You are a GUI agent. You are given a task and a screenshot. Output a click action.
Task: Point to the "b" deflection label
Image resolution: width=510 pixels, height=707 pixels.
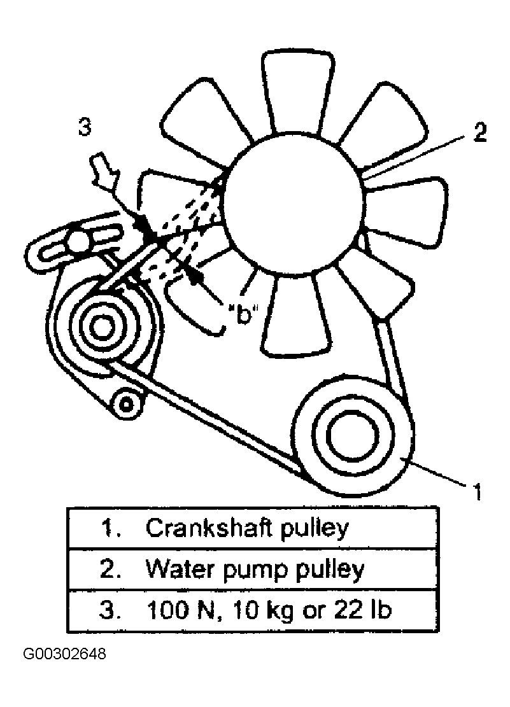click(241, 313)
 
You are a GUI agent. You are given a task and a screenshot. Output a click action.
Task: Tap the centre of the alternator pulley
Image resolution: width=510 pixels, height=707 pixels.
click(100, 326)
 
